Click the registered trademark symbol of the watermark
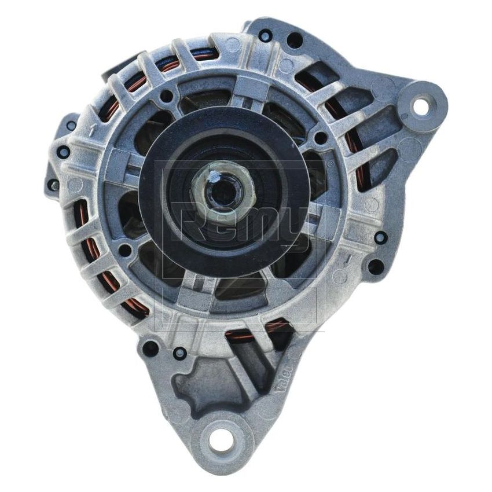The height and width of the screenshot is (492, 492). (x=330, y=164)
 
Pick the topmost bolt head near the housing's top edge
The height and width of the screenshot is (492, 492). (x=265, y=36)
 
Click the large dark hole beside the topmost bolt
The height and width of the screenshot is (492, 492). (x=294, y=40)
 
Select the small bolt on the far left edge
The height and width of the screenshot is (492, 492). (x=53, y=185)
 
